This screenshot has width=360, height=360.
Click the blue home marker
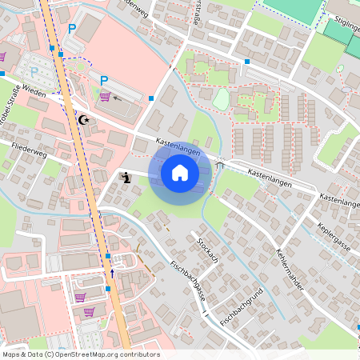180,172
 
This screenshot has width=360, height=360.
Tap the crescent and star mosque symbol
83,120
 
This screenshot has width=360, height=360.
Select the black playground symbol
125,178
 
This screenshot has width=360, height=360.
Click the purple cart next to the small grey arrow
105,97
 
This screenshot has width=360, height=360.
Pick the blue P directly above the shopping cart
104,80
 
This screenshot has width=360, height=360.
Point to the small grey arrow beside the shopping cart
118,98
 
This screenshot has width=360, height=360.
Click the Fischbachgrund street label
242,305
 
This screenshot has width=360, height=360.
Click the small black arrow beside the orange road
112,274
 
